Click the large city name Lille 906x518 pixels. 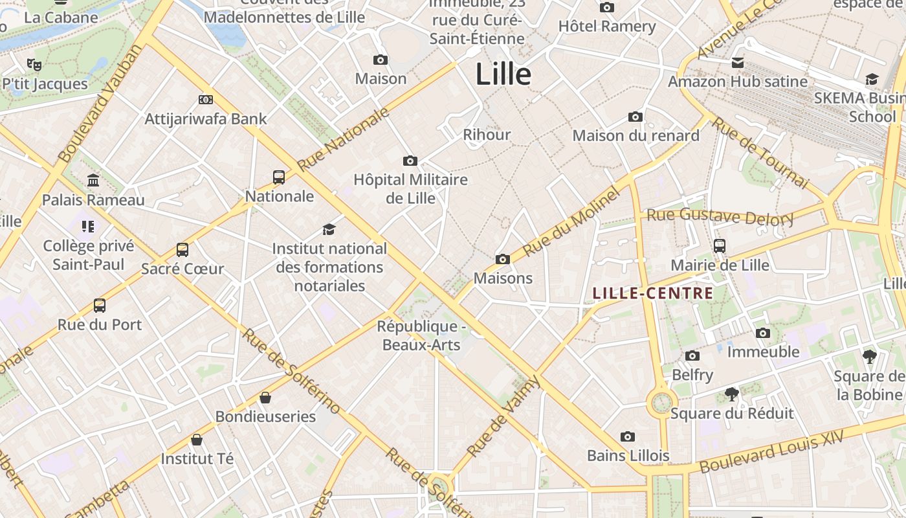(x=503, y=74)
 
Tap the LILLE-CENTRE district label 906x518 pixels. (x=653, y=293)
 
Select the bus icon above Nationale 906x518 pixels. (x=279, y=177)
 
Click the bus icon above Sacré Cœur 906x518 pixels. (x=182, y=249)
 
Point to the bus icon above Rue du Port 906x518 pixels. (x=100, y=305)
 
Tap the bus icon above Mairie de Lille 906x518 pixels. (x=720, y=246)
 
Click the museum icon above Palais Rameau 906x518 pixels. (x=93, y=180)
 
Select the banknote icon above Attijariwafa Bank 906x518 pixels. (x=206, y=100)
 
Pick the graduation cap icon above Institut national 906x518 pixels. (x=329, y=229)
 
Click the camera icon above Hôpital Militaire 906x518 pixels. (x=410, y=161)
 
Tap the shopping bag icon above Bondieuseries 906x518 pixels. (x=265, y=397)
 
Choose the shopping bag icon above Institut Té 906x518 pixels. (x=197, y=440)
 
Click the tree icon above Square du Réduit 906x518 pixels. (x=731, y=394)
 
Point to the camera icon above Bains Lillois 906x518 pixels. (x=627, y=436)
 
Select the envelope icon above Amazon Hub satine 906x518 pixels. (x=737, y=63)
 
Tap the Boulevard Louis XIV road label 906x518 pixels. (x=771, y=451)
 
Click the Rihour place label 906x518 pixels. (x=487, y=135)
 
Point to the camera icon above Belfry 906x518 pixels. (x=692, y=355)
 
